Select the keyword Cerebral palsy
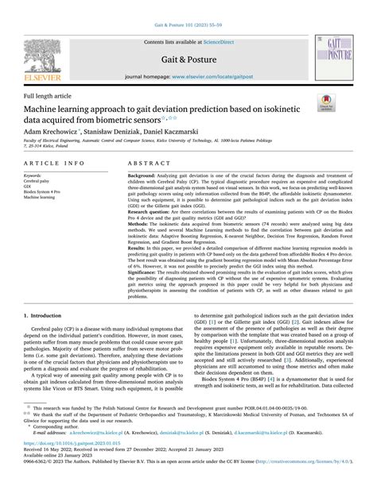37,181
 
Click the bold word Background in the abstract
142,175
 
